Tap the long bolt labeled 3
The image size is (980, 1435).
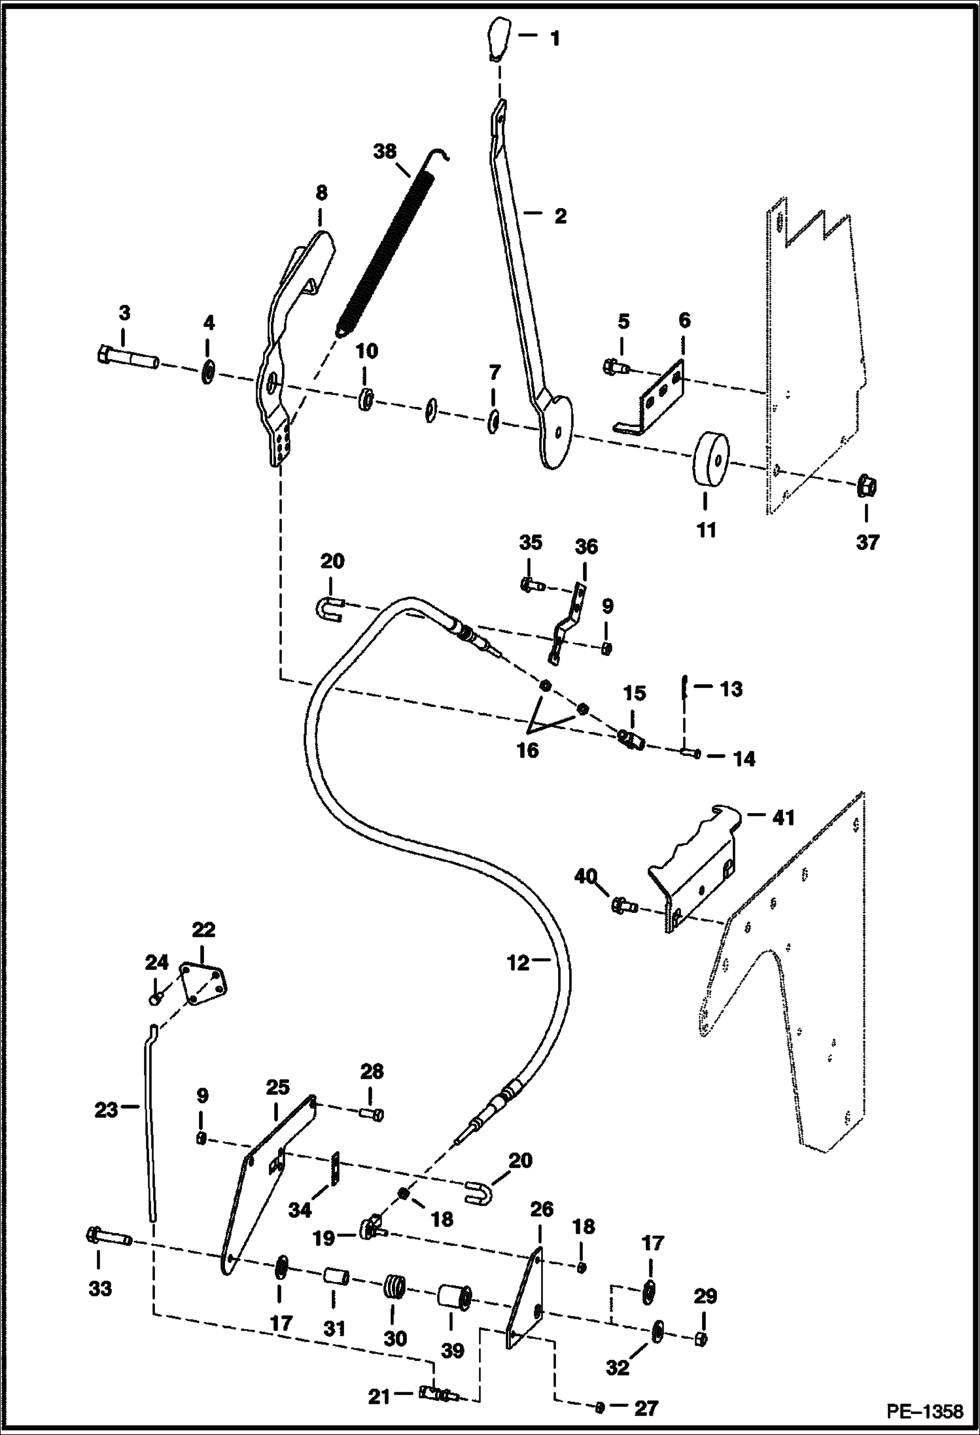click(x=126, y=358)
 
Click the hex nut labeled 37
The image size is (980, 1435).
click(x=867, y=487)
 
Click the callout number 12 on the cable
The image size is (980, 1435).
click(x=519, y=963)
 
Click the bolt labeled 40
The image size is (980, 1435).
click(x=624, y=906)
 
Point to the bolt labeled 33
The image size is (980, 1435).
click(x=109, y=1238)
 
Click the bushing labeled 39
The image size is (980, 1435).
click(x=454, y=1299)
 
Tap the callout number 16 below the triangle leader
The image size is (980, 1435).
click(x=527, y=750)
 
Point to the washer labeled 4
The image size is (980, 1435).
click(x=209, y=373)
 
